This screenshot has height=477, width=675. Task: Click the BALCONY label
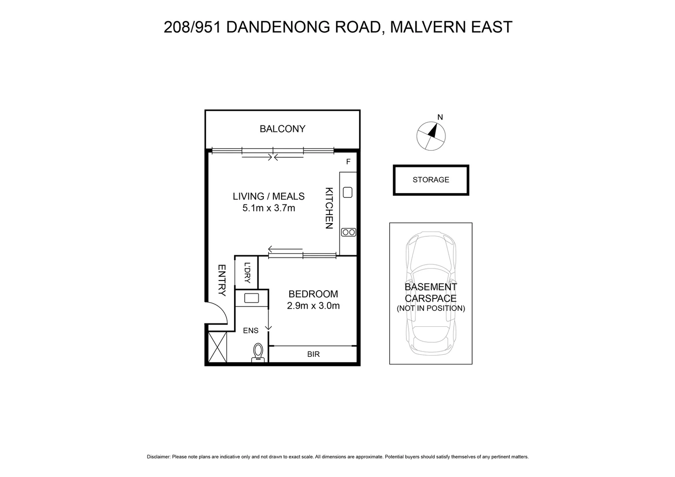point(282,129)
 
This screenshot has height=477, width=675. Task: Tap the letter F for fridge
point(348,162)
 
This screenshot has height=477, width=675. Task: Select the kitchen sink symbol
point(348,193)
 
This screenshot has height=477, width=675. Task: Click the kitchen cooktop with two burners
point(348,232)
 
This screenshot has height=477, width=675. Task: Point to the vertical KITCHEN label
point(329,208)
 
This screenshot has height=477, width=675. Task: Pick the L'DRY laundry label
point(247,273)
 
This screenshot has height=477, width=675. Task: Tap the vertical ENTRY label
point(222,280)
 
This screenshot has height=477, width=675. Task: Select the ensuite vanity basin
point(251,298)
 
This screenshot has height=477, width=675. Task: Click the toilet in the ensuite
point(258,353)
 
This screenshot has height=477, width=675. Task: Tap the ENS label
point(250,330)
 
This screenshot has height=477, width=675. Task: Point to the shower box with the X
point(217,347)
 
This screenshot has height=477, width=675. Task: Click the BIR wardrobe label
point(313,354)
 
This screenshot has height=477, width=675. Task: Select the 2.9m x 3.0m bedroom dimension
point(313,306)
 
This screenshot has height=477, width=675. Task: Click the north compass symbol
point(431,136)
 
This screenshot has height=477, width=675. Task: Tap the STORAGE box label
point(431,180)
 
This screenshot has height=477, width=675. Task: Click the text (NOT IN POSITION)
point(431,308)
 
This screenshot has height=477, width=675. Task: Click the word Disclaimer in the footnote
point(158,457)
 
